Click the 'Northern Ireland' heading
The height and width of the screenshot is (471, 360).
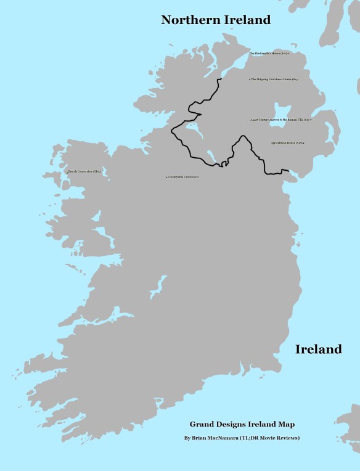[216, 20]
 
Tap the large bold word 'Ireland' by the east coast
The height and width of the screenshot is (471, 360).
[318, 350]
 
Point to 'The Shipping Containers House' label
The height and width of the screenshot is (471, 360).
[275, 80]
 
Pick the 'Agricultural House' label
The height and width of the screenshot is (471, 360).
[287, 142]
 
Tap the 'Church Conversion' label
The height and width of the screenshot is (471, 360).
[84, 171]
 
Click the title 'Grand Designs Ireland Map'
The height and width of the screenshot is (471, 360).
[242, 424]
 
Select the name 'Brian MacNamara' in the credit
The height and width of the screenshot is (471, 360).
[219, 438]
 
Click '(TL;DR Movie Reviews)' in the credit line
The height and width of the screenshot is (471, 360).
[274, 438]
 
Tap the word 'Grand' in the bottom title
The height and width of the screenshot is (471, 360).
[201, 424]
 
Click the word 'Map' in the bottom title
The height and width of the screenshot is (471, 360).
[287, 424]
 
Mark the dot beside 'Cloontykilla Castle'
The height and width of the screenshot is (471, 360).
[166, 178]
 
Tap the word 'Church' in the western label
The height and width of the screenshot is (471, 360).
[73, 171]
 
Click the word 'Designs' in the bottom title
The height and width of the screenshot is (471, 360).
[229, 424]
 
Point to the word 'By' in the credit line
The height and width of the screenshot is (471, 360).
[187, 438]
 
